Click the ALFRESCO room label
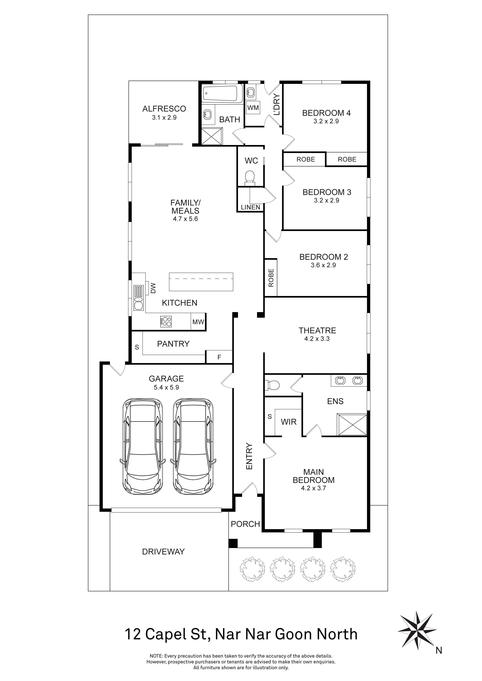pos(164,109)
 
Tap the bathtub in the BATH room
pos(223,94)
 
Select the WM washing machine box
pos(253,108)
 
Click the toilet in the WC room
pos(250,177)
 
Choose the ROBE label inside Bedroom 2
pos(271,278)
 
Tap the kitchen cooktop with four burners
pos(166,321)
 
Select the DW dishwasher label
pos(153,288)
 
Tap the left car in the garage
pos(143,447)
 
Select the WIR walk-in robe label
pos(289,422)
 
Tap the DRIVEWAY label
pos(163,552)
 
